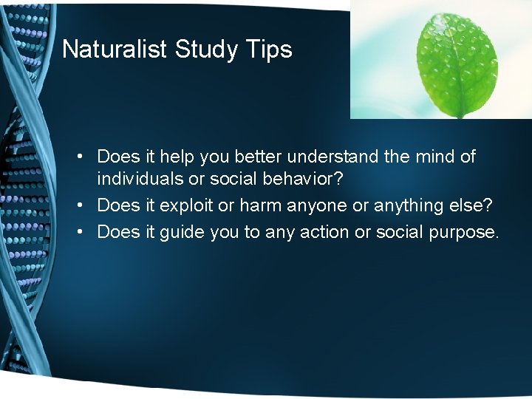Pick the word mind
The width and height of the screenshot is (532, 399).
(x=437, y=157)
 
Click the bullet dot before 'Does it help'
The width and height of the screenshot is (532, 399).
(x=86, y=157)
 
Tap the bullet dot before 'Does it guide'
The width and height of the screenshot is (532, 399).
(x=86, y=233)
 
